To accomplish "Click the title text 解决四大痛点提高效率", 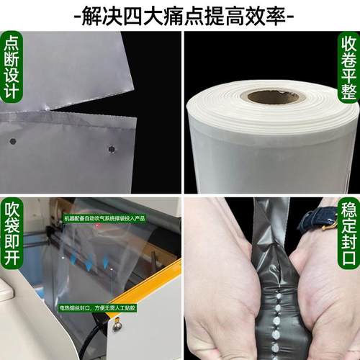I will point(180,14).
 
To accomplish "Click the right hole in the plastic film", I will point(112,149).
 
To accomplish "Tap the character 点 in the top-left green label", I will point(12,43).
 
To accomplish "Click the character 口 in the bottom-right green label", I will point(347,261).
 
